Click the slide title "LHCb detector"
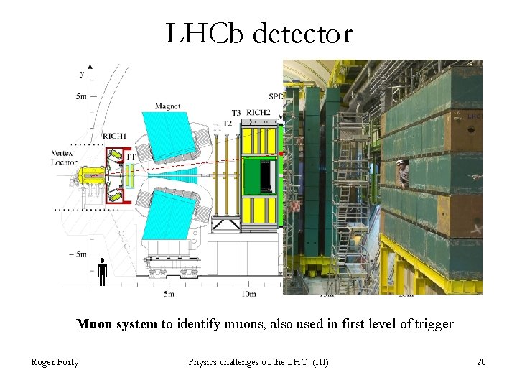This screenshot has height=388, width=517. [258, 34]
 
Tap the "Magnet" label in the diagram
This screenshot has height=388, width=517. [167, 107]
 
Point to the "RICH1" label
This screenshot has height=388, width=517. [113, 136]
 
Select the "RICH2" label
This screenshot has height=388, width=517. [258, 112]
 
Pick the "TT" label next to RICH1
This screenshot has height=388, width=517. [131, 156]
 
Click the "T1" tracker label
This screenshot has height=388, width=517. [216, 128]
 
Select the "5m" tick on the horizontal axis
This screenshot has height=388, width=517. [169, 294]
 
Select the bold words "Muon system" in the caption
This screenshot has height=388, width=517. [116, 324]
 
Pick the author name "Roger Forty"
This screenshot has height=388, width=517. [55, 361]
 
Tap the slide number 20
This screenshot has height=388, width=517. [481, 361]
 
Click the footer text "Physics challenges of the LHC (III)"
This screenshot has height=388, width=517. [258, 361]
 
